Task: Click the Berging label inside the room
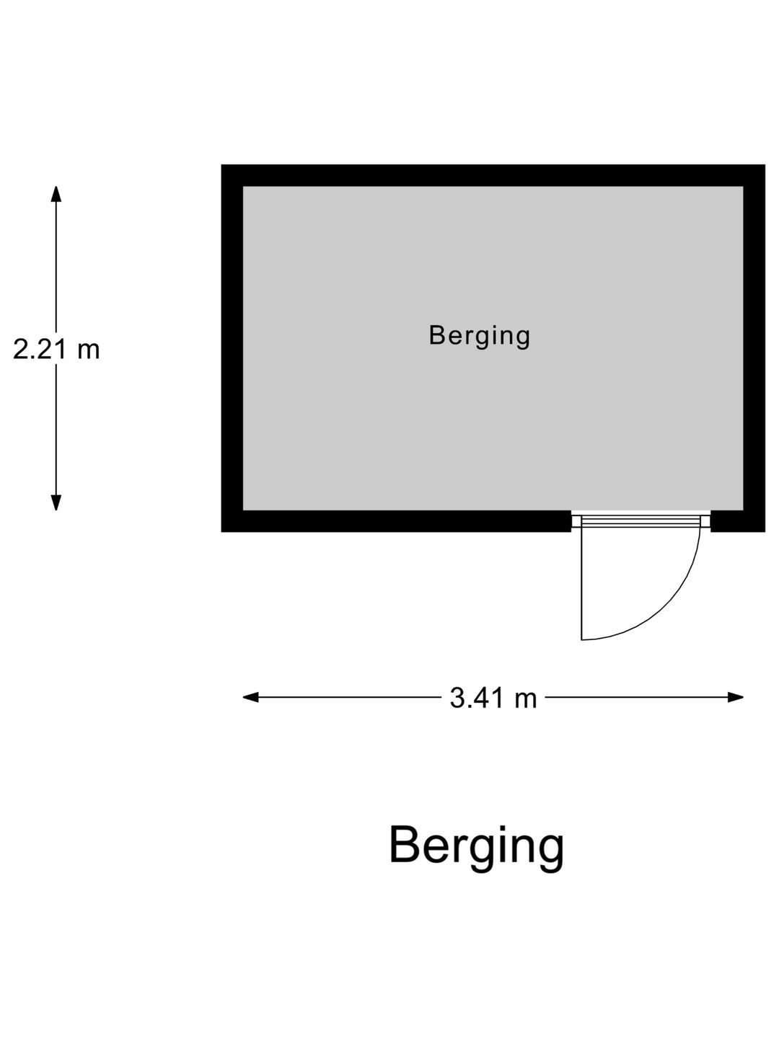(479, 336)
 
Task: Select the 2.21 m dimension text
(56, 350)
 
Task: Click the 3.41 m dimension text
(493, 698)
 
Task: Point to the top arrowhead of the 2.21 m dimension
(56, 194)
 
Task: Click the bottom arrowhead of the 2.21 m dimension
(56, 502)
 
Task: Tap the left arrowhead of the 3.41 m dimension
(251, 698)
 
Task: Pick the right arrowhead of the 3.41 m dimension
(736, 698)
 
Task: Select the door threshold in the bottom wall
(641, 521)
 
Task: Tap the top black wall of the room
(493, 175)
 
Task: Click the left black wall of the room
(232, 348)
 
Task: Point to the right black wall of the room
(754, 348)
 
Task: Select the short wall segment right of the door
(738, 521)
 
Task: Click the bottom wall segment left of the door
(397, 521)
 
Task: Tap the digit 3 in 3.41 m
(457, 699)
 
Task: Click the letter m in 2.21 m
(89, 351)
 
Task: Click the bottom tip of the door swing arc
(581, 640)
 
